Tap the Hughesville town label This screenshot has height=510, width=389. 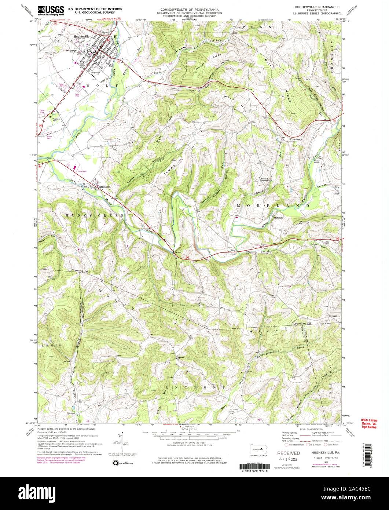point(81,36)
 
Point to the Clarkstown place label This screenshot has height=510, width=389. point(104,187)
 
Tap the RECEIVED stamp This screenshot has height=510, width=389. point(288,453)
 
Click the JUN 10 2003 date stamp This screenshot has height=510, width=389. point(289,460)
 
